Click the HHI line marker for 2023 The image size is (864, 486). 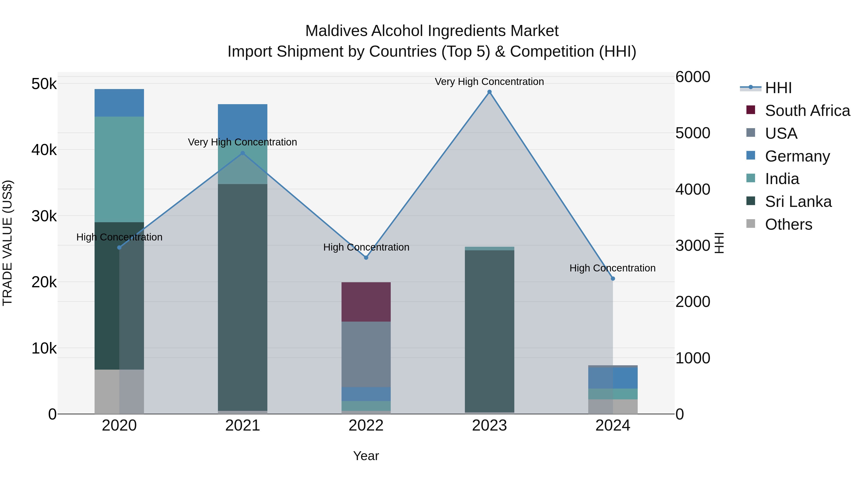pos(489,92)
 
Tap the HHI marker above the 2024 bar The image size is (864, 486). pos(613,278)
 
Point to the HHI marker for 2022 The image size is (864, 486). pos(366,258)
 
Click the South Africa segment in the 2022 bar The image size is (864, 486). pos(366,302)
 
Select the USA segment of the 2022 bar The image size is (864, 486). pos(366,354)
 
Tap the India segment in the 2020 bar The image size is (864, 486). pos(119,169)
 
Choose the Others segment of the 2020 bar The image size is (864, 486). pos(119,391)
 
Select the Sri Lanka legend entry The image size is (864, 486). pos(798,202)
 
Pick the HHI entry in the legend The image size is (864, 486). pos(778,88)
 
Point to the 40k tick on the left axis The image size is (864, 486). pos(44,150)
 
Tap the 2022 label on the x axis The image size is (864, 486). pos(366,426)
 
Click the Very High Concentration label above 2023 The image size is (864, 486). pos(489,82)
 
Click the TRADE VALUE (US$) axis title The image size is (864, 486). pos(8,243)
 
